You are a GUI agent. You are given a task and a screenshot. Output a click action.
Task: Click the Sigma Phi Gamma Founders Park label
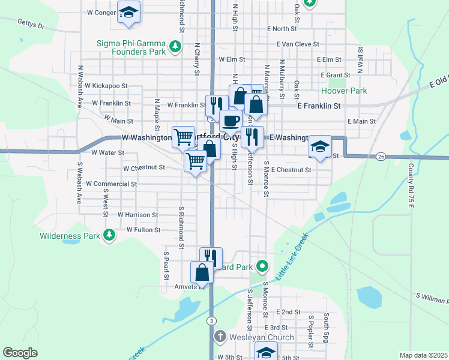point(132,47)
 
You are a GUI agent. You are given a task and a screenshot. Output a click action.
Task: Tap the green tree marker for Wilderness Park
point(109,236)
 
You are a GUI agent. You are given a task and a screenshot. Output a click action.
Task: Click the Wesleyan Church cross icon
point(220,337)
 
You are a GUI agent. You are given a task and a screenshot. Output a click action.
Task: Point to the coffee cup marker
point(231,121)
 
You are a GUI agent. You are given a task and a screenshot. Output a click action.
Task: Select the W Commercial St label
point(112,184)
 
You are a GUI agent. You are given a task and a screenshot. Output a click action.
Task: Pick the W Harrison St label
point(137,214)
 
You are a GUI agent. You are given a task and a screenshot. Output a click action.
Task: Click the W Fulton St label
point(143,230)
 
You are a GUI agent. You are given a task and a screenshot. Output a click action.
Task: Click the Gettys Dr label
point(32,26)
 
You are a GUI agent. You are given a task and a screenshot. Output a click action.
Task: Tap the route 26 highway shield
point(381,157)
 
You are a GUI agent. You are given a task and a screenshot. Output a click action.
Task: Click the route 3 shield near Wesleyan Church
point(212,322)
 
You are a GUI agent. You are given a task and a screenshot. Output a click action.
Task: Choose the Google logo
point(20,353)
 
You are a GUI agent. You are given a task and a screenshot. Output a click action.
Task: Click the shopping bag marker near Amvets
point(202,272)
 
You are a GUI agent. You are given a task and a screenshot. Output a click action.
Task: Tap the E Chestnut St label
point(291,170)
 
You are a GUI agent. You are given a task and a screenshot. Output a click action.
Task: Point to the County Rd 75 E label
point(411,185)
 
